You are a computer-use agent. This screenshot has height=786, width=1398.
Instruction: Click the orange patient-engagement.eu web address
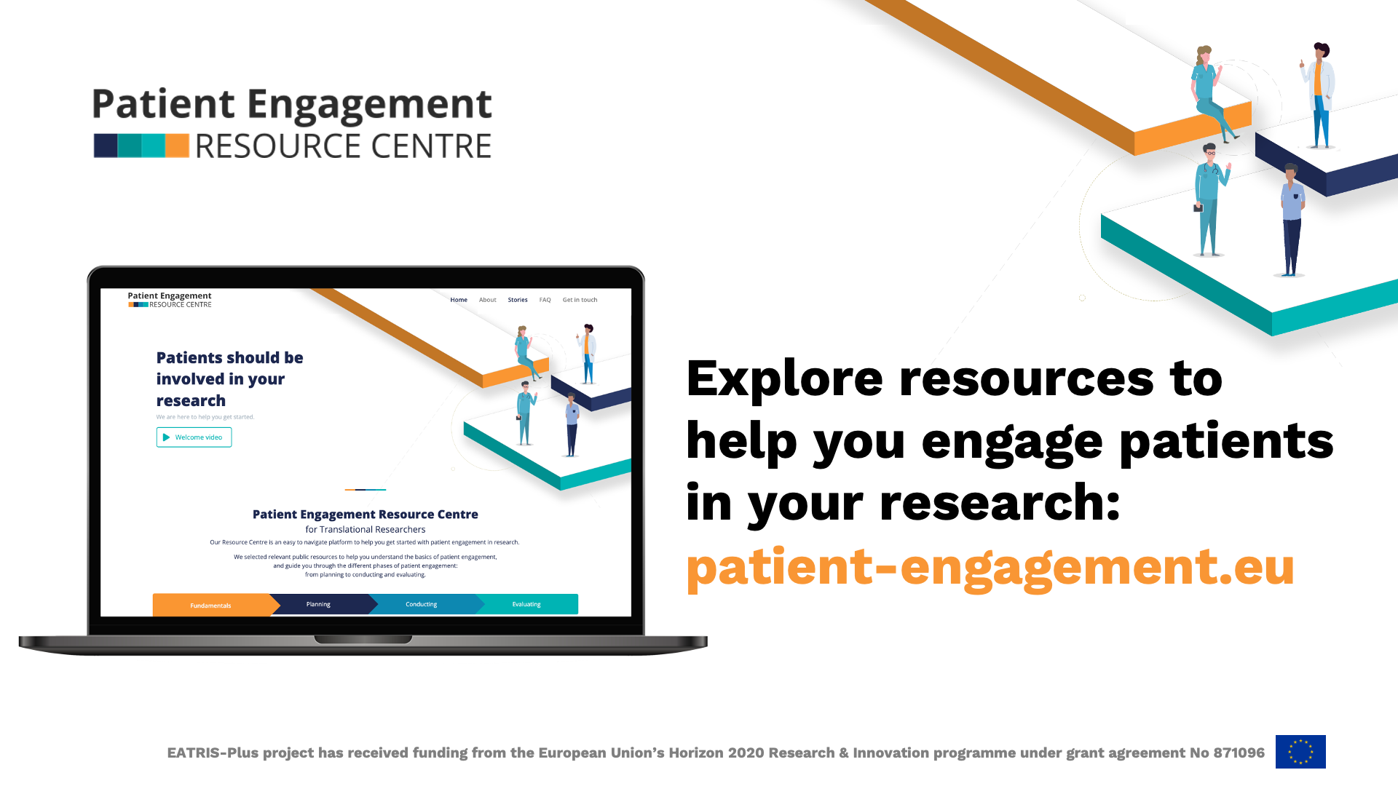990,567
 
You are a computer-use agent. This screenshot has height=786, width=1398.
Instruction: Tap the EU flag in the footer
1300,752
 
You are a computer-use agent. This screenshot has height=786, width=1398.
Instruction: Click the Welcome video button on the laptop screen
194,437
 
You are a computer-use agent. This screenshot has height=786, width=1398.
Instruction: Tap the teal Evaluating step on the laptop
527,604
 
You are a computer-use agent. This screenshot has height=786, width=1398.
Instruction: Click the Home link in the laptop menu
459,300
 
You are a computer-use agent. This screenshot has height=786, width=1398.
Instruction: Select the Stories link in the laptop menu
518,300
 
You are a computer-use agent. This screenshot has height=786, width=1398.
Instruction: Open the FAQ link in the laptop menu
545,300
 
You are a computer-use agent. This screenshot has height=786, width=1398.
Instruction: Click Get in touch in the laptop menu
580,300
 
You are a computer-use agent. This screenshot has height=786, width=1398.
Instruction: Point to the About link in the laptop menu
487,300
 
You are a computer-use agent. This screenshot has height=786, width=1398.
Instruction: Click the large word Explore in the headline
784,380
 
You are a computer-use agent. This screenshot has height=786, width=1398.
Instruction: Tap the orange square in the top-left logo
177,146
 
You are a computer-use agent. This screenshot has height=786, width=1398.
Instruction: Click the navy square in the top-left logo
106,146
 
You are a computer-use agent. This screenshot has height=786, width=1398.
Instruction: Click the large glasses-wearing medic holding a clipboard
1210,200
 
